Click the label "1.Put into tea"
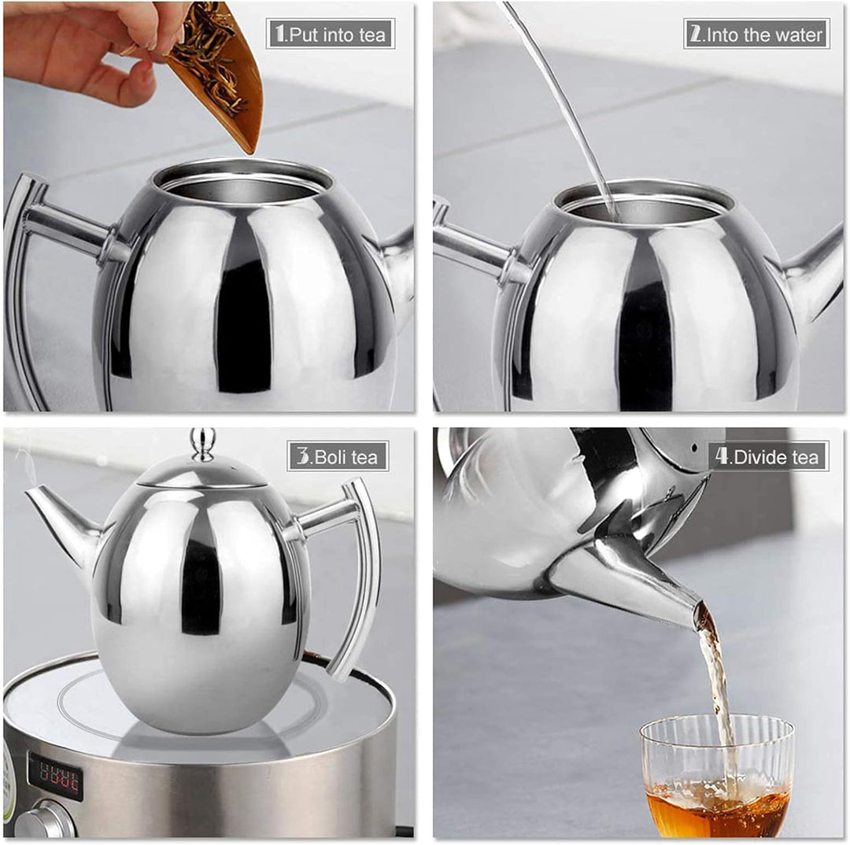click(x=330, y=34)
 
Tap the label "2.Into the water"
click(x=756, y=34)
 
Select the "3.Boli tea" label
click(x=338, y=456)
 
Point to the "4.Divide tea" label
click(x=768, y=456)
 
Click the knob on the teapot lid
click(x=202, y=443)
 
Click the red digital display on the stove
click(x=55, y=774)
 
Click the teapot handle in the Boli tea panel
click(x=354, y=574)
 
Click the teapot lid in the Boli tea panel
click(x=202, y=472)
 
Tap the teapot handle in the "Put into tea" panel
click(x=31, y=275)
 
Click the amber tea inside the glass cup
click(x=716, y=810)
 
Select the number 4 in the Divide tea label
click(x=722, y=456)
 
